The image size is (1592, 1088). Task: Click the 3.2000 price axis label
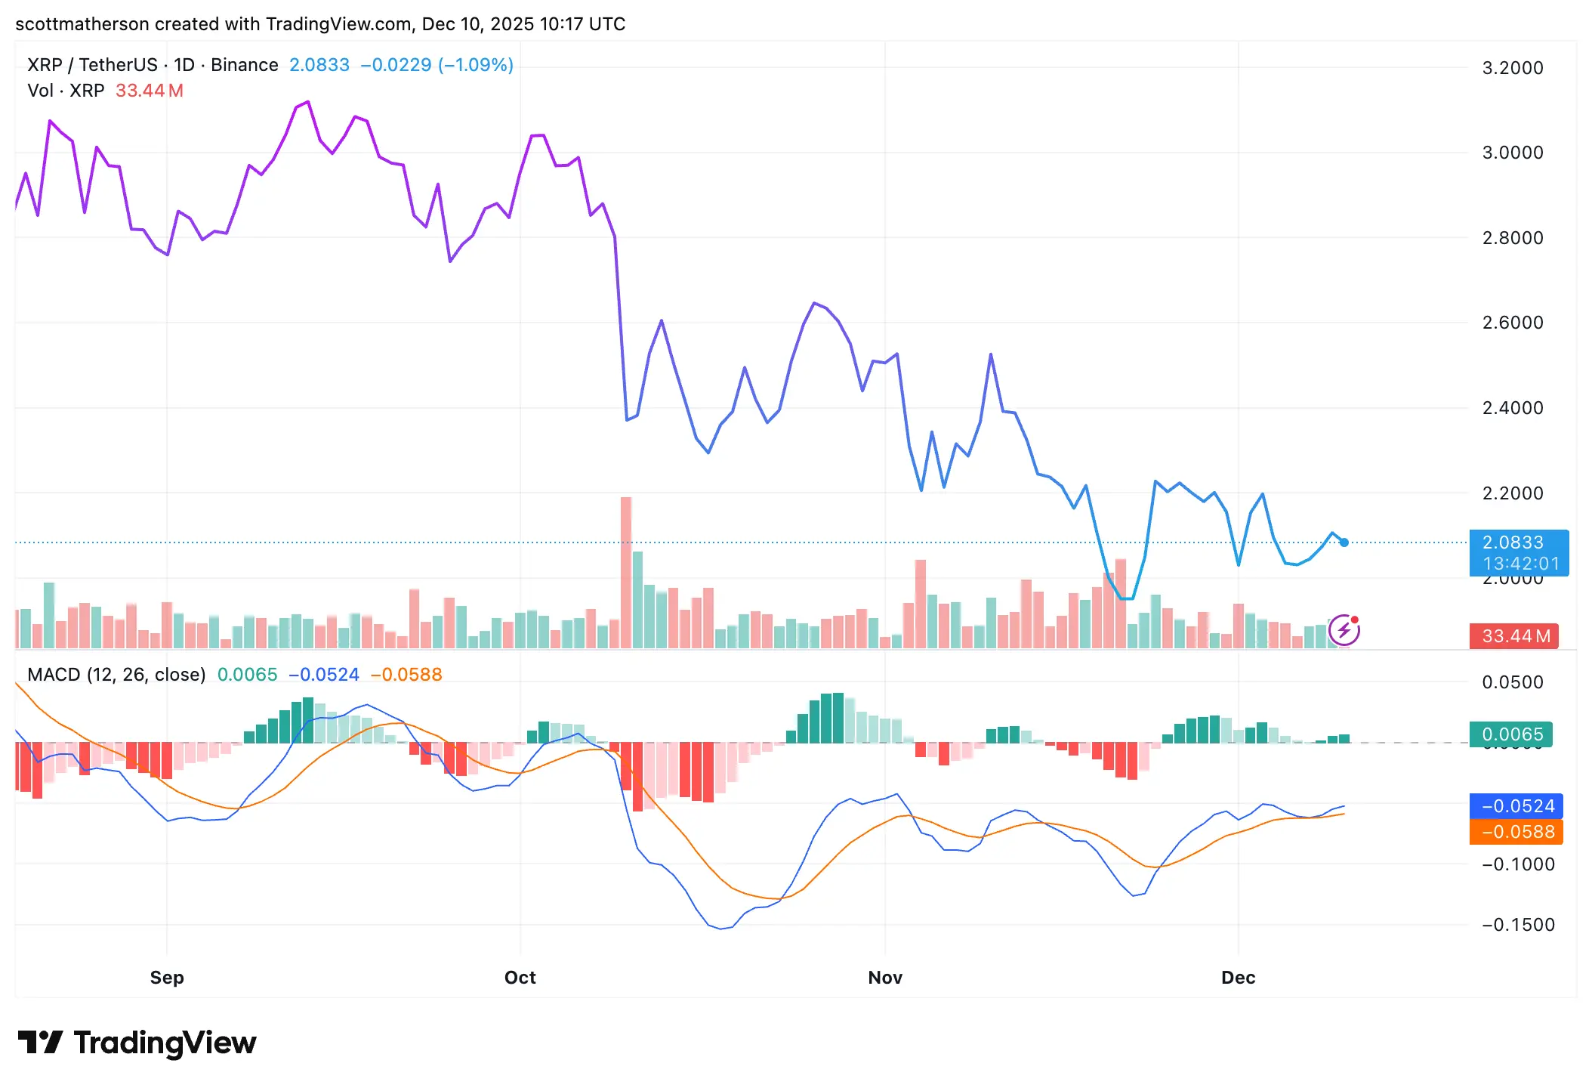[x=1513, y=68]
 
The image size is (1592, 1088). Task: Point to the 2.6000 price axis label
[x=1513, y=323]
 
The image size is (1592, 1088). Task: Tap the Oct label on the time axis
[x=520, y=978]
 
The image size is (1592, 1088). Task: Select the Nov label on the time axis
[x=885, y=978]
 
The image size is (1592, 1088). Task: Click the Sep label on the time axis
[x=167, y=978]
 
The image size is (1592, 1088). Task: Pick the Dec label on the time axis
[x=1238, y=978]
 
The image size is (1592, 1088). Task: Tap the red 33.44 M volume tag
[x=1516, y=636]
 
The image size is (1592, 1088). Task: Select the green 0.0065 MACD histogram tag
[x=1512, y=734]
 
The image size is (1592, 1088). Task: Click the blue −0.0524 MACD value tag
[x=1517, y=806]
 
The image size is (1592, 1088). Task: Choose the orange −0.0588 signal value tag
[x=1517, y=832]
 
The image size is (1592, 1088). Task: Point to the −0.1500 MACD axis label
[x=1518, y=925]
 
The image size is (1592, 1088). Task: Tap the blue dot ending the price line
[x=1344, y=542]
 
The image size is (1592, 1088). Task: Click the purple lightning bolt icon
[x=1344, y=630]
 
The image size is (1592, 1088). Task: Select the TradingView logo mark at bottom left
[x=39, y=1043]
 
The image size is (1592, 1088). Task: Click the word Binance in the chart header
[x=245, y=65]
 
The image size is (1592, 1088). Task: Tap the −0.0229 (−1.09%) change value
[x=437, y=65]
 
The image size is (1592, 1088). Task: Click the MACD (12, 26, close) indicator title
[x=116, y=675]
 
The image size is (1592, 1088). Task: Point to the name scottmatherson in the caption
[x=82, y=24]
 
